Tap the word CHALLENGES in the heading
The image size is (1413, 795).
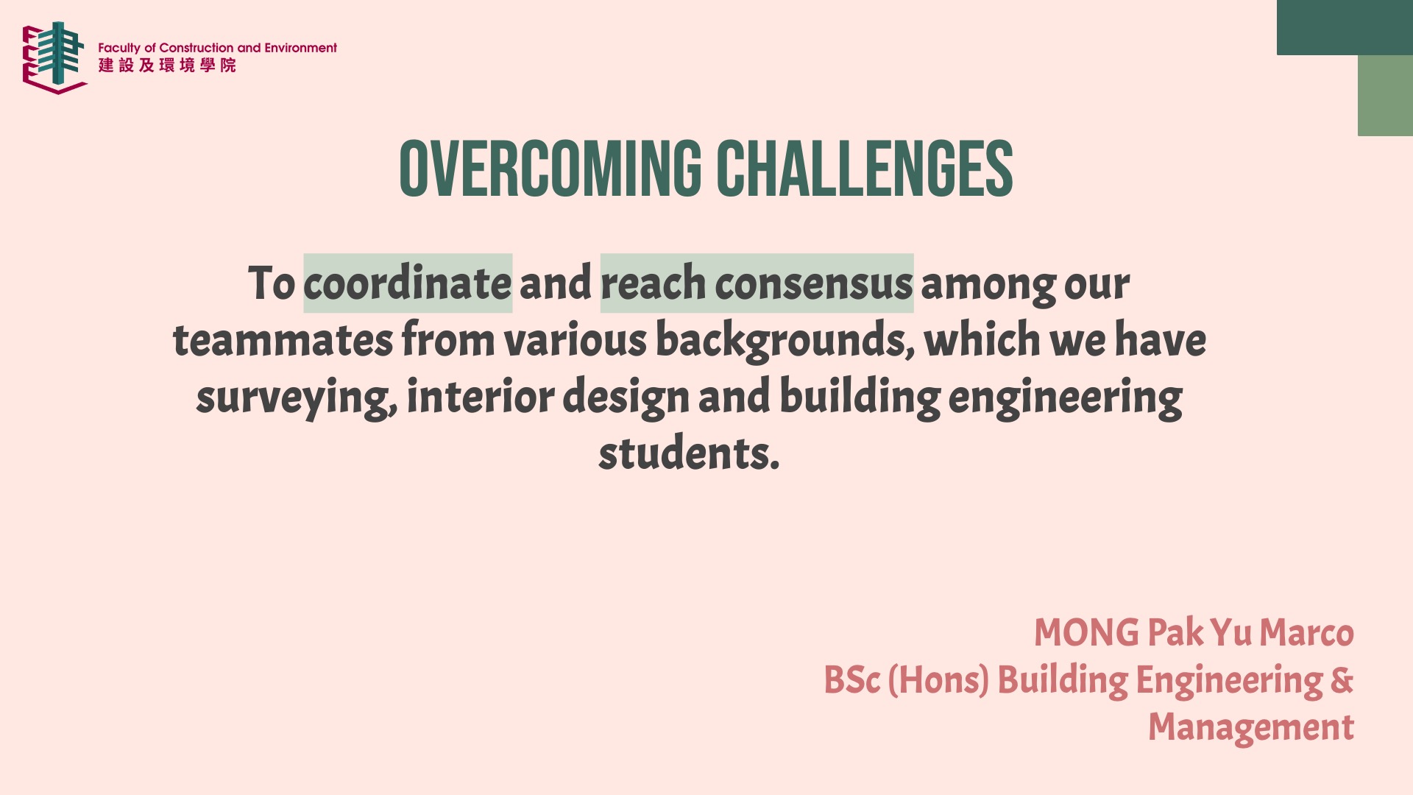point(865,169)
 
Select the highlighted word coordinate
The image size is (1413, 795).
point(407,283)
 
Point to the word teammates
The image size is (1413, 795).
point(283,340)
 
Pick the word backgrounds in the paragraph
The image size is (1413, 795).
point(785,342)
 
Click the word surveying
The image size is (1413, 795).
point(297,398)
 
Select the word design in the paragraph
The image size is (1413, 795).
point(626,398)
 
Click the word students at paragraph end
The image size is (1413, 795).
point(689,453)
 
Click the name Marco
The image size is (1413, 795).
point(1306,633)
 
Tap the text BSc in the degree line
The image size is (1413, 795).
point(851,680)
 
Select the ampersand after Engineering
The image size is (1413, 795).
point(1342,679)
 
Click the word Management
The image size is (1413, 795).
point(1251,728)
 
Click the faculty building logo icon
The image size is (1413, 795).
point(54,57)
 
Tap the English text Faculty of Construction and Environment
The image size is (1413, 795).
point(218,48)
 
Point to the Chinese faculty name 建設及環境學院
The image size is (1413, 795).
point(167,66)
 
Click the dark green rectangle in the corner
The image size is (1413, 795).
point(1345,27)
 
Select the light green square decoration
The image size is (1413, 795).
point(1385,96)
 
